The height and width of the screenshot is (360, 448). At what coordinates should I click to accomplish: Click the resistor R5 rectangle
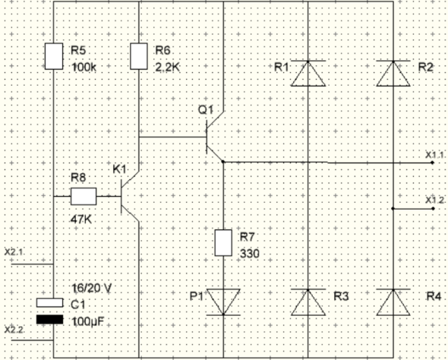(x=54, y=56)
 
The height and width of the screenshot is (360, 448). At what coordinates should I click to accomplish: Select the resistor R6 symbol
(x=139, y=56)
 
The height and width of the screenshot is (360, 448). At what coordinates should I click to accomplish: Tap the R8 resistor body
(x=84, y=196)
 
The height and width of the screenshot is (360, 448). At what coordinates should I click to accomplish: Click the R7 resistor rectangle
(x=223, y=242)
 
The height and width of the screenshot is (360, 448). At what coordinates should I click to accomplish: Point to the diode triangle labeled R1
(x=308, y=73)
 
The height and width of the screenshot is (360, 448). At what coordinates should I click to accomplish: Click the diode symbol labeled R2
(x=393, y=73)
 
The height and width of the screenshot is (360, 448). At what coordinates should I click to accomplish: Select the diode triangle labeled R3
(x=308, y=302)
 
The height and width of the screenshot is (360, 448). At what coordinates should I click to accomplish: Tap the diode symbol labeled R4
(x=393, y=302)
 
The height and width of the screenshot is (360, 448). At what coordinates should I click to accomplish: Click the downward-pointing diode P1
(x=223, y=302)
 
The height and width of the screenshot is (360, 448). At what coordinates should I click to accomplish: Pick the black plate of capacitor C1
(x=49, y=320)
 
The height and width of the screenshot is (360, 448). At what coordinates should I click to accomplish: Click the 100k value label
(x=84, y=68)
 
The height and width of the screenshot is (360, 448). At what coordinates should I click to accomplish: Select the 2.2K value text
(x=168, y=68)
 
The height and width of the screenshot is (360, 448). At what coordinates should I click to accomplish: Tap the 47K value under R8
(x=81, y=219)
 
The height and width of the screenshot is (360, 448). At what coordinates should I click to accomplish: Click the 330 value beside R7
(x=250, y=254)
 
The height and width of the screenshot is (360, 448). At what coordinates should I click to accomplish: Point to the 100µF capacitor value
(x=87, y=322)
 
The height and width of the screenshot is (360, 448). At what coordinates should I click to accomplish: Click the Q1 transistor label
(x=206, y=109)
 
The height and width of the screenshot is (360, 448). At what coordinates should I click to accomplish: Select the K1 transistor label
(x=119, y=169)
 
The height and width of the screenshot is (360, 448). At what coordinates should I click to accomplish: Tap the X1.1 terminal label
(x=434, y=155)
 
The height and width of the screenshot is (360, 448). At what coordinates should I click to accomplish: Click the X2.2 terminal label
(x=14, y=330)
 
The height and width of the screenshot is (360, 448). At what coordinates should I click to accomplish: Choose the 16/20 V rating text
(x=91, y=289)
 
